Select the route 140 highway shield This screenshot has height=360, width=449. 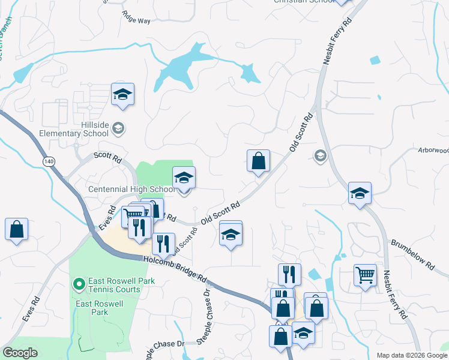(x=49, y=161)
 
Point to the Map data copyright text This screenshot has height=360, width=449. (x=411, y=355)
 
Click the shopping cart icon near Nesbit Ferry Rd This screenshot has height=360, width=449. (x=365, y=275)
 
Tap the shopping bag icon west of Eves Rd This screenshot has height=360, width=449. (x=16, y=229)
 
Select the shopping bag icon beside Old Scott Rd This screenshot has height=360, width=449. (x=258, y=160)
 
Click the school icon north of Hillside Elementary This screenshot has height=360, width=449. (x=122, y=94)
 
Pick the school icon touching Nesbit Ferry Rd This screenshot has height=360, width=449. (x=360, y=193)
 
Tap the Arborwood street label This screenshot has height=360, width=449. (x=433, y=149)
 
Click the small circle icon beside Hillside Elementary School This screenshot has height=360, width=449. (x=119, y=127)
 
